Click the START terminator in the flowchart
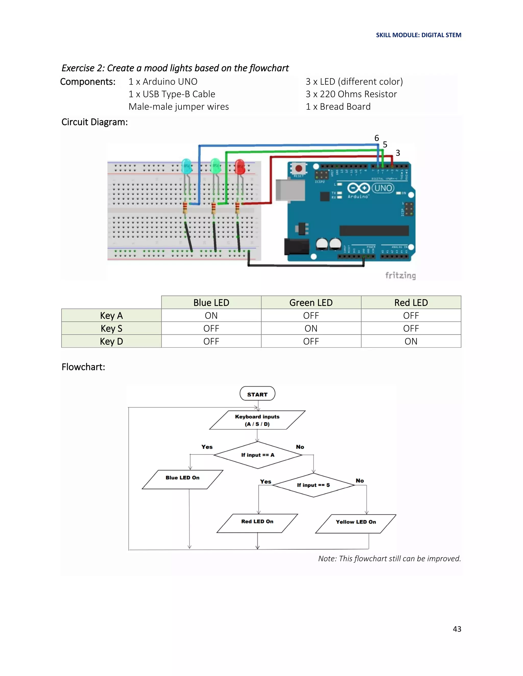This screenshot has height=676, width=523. (257, 394)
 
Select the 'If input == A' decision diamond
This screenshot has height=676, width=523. (257, 455)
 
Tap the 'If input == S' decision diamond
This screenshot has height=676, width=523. (313, 485)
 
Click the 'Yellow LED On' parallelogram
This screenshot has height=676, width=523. (356, 524)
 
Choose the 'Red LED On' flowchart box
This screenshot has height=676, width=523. (257, 523)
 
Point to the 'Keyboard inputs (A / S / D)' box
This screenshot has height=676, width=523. (257, 420)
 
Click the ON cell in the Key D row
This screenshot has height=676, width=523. (411, 341)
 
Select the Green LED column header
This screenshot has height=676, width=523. (311, 302)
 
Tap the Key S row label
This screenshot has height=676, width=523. (111, 328)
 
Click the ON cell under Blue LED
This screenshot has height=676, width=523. (211, 315)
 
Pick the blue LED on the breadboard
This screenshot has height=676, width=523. (186, 166)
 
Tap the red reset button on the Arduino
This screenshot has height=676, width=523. (298, 169)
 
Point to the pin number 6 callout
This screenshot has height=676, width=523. (376, 138)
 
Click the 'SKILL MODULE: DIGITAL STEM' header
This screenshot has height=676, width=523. (418, 35)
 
